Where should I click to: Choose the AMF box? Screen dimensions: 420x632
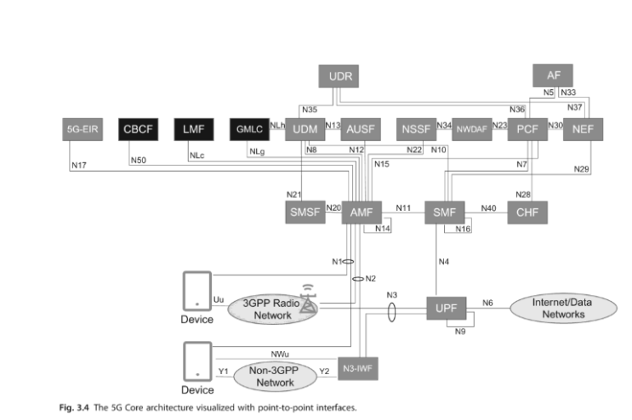(x=361, y=212)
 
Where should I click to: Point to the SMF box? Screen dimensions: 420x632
(x=445, y=212)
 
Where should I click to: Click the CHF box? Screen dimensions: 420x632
(x=527, y=212)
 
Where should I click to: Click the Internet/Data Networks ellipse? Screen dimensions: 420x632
(x=559, y=308)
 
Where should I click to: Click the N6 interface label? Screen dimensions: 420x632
(x=487, y=302)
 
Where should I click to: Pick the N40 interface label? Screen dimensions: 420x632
(x=488, y=207)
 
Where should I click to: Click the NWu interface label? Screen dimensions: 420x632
(x=278, y=351)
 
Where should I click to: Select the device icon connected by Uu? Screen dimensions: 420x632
(x=197, y=291)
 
